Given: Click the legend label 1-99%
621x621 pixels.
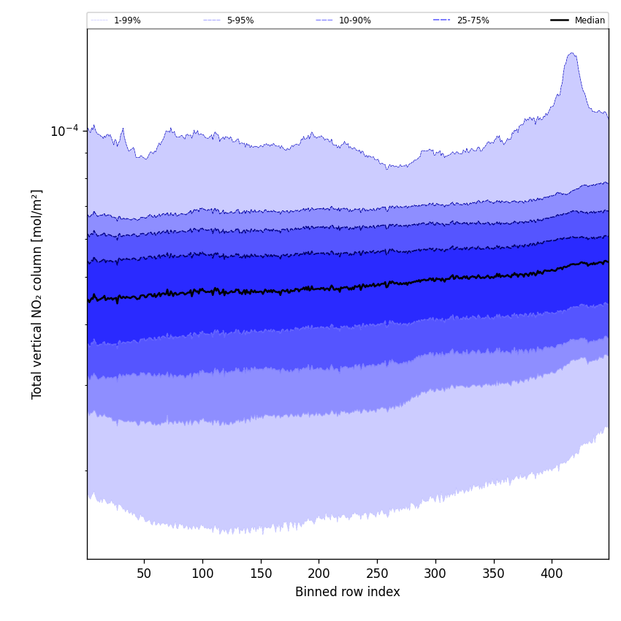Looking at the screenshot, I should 127,20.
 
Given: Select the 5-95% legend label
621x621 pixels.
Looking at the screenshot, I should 240,20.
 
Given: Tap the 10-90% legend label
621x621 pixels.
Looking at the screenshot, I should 354,20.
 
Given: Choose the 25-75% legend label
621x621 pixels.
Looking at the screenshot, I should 473,20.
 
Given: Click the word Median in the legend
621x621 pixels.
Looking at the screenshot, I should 590,20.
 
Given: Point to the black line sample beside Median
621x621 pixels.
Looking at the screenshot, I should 560,20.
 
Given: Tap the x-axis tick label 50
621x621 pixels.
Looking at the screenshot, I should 144,574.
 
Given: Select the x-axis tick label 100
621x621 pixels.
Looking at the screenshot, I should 202,574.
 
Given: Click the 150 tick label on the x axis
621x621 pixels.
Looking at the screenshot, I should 261,574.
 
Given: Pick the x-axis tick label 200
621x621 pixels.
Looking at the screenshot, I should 319,574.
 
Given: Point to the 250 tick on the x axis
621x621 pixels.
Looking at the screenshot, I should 377,574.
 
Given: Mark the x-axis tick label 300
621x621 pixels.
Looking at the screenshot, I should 435,574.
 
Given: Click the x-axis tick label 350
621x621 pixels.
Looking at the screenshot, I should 493,574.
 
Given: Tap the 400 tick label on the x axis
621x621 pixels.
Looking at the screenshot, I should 552,574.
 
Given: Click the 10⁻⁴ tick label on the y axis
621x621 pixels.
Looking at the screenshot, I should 64,132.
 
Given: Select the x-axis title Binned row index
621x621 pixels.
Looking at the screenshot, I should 347,592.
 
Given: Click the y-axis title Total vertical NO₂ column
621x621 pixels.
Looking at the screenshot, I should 37,294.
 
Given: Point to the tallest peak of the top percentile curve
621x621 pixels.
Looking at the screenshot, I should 571,53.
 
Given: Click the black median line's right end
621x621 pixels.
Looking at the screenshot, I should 607,262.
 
